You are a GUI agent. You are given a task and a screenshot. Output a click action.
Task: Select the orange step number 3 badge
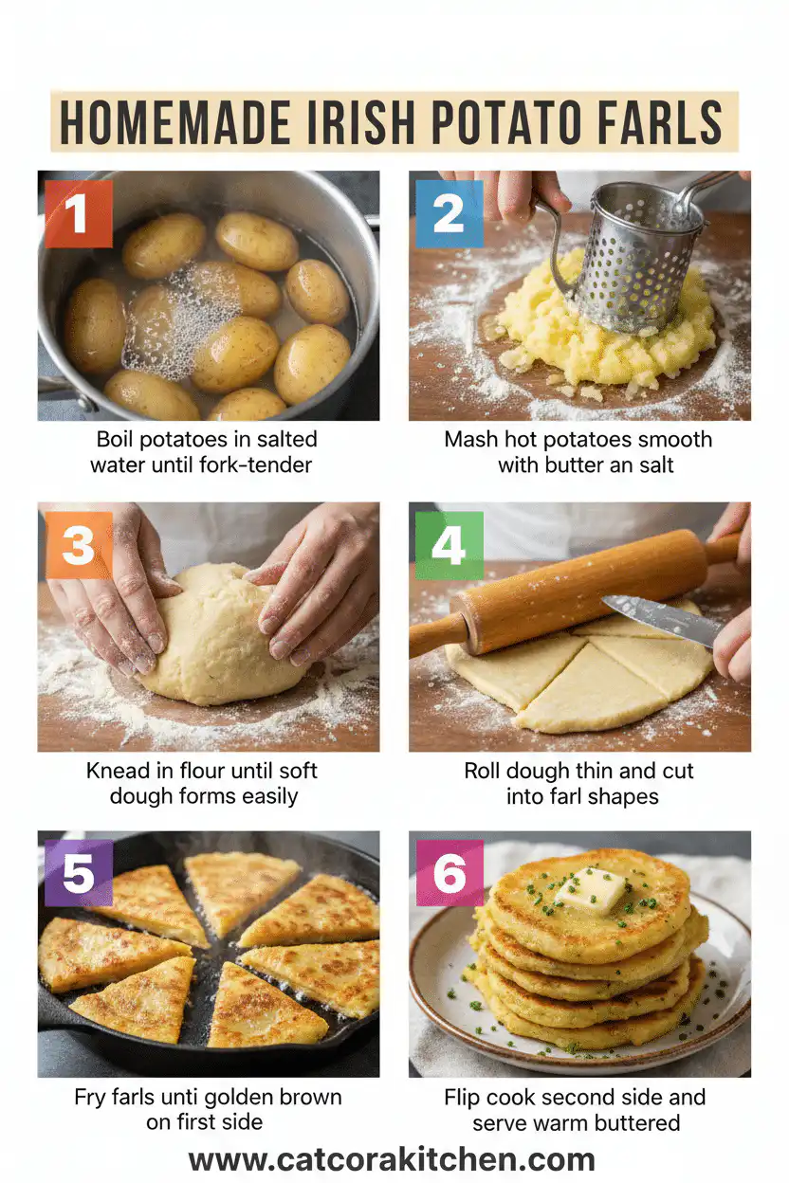point(78,545)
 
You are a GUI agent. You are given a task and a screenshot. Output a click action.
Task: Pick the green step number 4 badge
point(449,545)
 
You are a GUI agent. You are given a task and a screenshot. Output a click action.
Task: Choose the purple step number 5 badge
point(78,875)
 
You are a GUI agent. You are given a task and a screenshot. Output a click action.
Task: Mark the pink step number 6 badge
point(449,875)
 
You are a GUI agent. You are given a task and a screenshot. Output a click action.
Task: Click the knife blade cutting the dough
point(660,620)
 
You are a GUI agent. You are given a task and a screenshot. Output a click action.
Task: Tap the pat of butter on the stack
point(591,888)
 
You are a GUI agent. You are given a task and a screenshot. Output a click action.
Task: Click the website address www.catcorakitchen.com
point(392,1159)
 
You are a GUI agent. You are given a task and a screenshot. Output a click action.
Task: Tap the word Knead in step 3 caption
point(118,771)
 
